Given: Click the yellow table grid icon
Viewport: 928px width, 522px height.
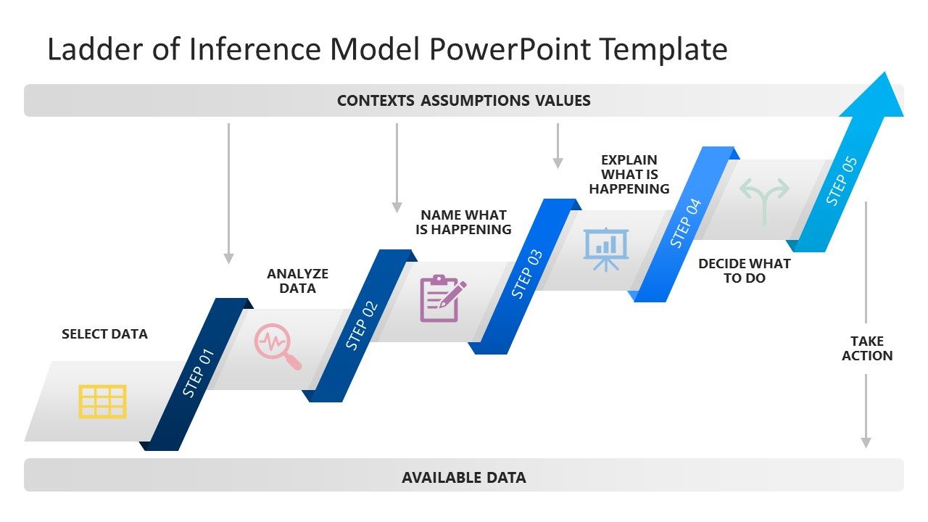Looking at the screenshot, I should (x=102, y=402).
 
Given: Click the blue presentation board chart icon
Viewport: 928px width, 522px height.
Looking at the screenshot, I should (x=606, y=249).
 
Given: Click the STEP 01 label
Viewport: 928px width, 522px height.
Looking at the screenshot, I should (x=199, y=373).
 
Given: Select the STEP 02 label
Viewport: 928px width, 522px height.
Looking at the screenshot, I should (x=362, y=326).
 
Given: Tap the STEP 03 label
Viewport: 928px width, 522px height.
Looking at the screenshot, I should (x=527, y=274).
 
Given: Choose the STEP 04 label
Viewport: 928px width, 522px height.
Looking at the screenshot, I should (x=686, y=223).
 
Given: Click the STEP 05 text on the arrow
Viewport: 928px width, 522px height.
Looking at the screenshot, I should (x=842, y=181).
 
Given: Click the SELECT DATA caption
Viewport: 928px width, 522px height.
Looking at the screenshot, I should (x=104, y=334).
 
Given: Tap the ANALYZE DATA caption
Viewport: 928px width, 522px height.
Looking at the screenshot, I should (x=297, y=281).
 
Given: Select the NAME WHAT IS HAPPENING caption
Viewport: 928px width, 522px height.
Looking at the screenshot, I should (x=463, y=222).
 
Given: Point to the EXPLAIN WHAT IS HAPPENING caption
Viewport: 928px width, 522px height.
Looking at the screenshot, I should (x=629, y=174).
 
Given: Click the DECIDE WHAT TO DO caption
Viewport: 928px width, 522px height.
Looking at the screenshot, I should (x=744, y=270).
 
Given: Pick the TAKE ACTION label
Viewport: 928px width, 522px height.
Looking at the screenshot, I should (x=866, y=348).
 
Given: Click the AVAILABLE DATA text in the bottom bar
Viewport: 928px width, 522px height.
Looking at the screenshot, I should (x=463, y=478).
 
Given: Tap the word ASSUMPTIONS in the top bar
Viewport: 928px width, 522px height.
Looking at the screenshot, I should (x=475, y=101).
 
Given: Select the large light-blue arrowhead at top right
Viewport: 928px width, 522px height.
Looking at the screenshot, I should (x=877, y=98).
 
